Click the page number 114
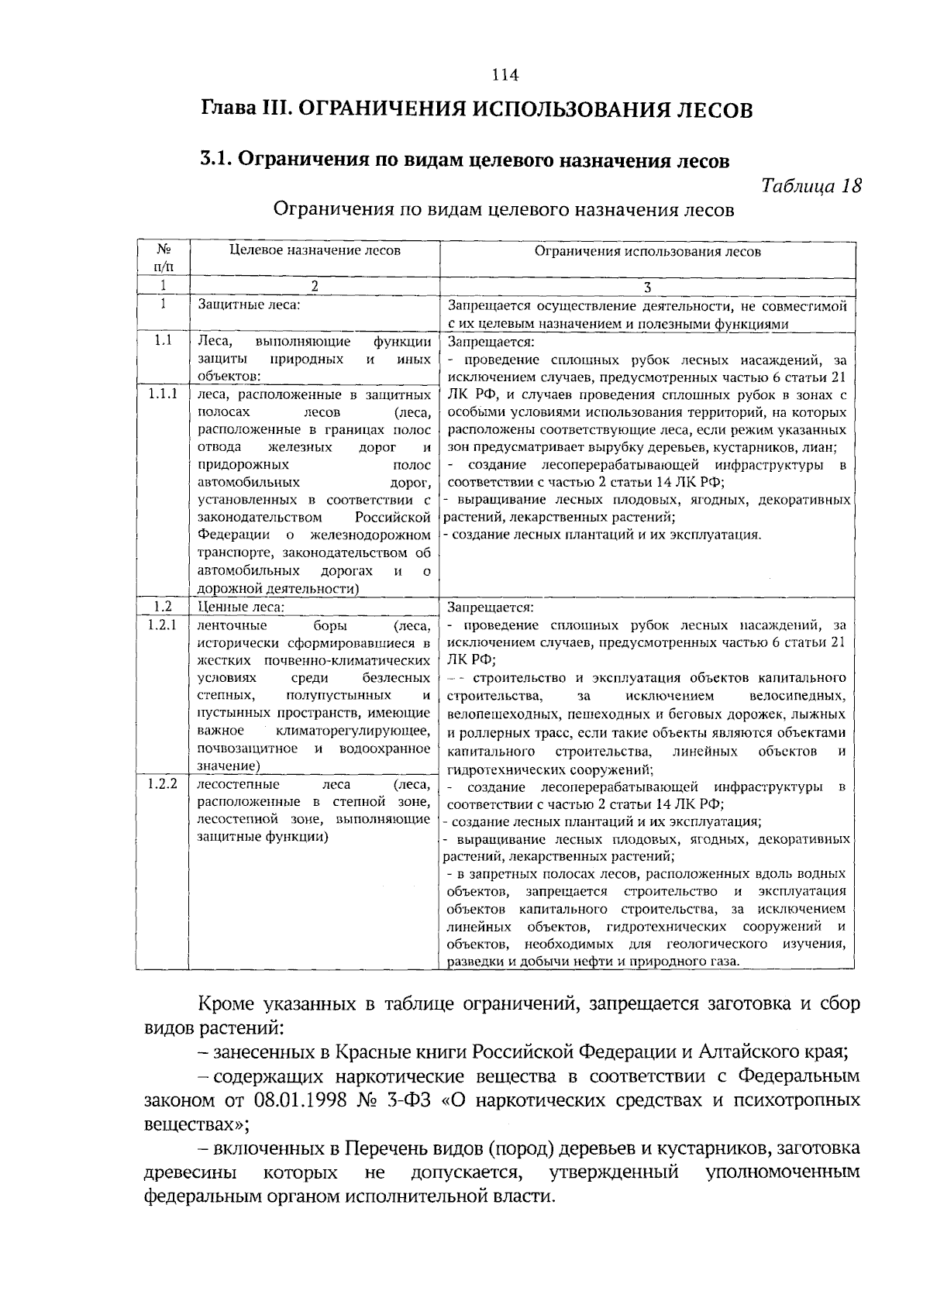(x=505, y=75)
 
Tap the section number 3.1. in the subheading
(x=215, y=160)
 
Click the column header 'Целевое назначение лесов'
(x=315, y=250)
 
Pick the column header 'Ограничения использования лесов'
(x=647, y=251)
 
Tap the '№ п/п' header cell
(x=163, y=258)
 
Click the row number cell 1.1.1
(x=163, y=394)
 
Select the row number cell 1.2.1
(x=163, y=625)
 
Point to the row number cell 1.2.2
(x=163, y=784)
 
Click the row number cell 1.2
(x=163, y=607)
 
